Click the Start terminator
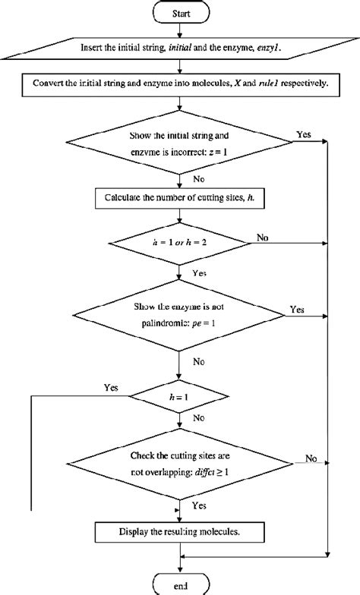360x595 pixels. tap(179, 13)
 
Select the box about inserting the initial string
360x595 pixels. tap(180, 48)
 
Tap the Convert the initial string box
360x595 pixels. tap(180, 84)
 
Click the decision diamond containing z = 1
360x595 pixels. tap(180, 141)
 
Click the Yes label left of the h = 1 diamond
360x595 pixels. tap(112, 387)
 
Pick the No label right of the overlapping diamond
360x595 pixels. tap(311, 458)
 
